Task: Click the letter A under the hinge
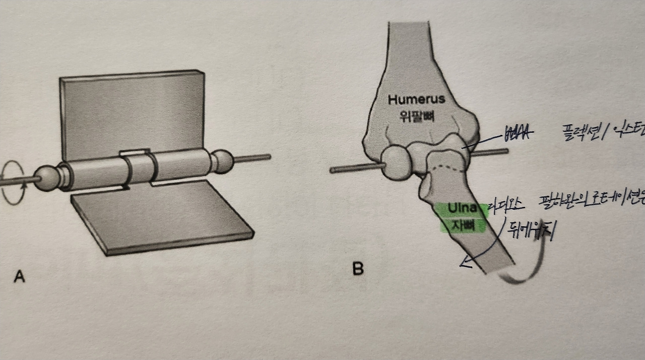pyautogui.click(x=19, y=276)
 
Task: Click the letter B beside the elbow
pyautogui.click(x=358, y=269)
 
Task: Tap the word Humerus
pyautogui.click(x=416, y=99)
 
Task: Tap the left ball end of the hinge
pyautogui.click(x=46, y=179)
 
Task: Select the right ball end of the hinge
pyautogui.click(x=222, y=160)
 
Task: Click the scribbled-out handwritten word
pyautogui.click(x=519, y=134)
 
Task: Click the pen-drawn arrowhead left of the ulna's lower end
pyautogui.click(x=465, y=264)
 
